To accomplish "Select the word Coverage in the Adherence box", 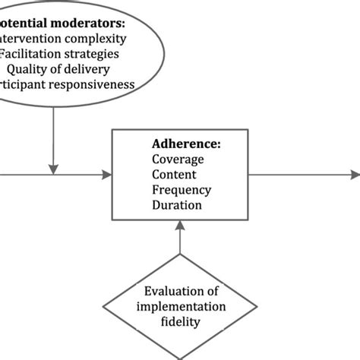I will click(178, 160).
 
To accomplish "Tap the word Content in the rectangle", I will click(174, 175).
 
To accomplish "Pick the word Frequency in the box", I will click(182, 190).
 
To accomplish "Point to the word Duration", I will click(176, 204).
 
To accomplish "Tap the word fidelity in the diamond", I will click(180, 321).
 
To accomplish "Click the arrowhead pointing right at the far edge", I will click(355, 175).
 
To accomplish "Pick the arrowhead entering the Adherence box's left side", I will click(107, 175).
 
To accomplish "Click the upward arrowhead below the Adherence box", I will click(180, 226).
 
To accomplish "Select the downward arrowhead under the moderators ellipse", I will click(53, 169).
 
